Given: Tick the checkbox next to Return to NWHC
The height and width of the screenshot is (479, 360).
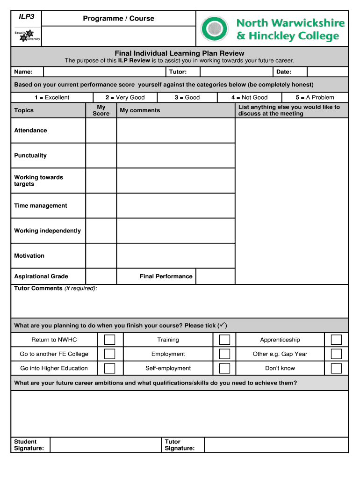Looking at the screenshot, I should [109, 340].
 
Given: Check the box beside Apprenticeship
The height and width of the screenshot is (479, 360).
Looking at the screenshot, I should [336, 340].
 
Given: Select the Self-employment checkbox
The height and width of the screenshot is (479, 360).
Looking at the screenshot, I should [224, 368].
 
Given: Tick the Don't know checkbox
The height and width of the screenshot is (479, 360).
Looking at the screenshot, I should [336, 368].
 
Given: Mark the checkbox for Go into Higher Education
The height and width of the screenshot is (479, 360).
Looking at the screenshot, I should [109, 368].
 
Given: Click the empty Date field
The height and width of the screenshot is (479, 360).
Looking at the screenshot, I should [327, 72].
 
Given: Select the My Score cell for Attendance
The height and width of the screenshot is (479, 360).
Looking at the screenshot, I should [101, 131].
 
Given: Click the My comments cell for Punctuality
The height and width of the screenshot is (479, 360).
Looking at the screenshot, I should [175, 156].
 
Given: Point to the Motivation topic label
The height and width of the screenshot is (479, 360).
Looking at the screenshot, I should [29, 256].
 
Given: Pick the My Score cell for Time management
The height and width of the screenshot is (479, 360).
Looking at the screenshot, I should [101, 206].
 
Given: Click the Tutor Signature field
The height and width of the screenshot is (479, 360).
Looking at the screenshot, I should [276, 445].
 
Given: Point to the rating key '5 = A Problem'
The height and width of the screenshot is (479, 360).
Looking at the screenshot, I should [315, 98].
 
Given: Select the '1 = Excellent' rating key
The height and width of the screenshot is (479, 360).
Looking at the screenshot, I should [51, 98].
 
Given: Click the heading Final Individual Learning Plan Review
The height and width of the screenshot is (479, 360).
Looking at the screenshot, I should [180, 53].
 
